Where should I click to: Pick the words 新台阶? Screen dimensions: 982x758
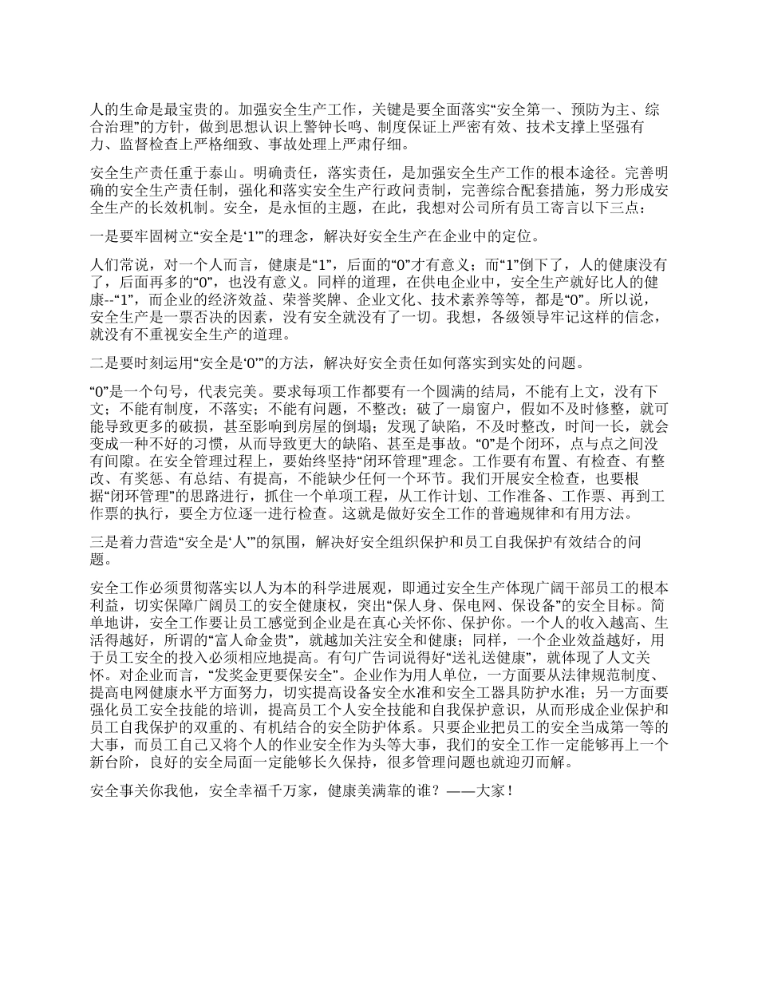(x=111, y=762)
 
